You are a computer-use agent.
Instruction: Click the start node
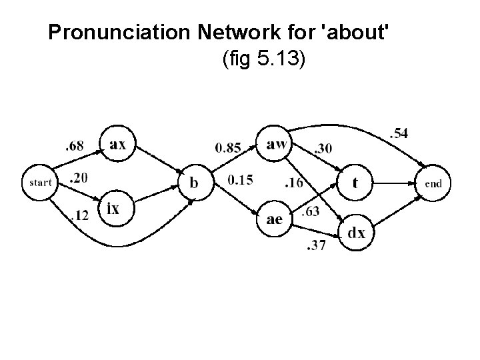coord(41,182)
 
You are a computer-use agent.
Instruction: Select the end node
coord(433,182)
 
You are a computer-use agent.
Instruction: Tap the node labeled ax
coord(117,143)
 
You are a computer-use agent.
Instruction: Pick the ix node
coord(114,209)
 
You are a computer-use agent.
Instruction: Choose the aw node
coord(276,143)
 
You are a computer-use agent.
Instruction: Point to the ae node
coord(274,218)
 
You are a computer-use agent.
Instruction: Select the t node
coord(355,182)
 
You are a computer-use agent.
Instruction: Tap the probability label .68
coord(75,146)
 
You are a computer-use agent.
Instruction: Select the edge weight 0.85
coord(227,148)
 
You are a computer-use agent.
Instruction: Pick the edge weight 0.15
coord(240,179)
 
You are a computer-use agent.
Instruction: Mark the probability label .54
coord(398,135)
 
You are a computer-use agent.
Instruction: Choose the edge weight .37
coord(315,247)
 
